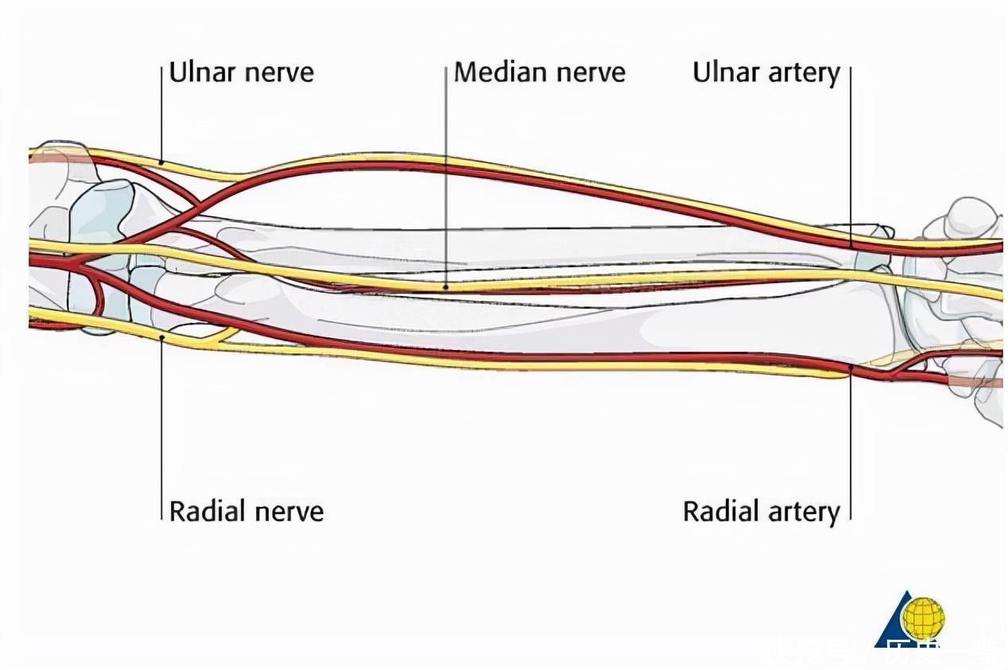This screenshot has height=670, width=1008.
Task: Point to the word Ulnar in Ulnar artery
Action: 725,72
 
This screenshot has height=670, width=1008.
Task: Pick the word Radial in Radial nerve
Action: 206,510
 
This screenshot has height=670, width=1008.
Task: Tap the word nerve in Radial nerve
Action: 287,510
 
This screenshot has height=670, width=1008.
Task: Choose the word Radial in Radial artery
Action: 719,510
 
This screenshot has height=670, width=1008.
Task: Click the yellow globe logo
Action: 923,617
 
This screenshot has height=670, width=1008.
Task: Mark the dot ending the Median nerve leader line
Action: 446,287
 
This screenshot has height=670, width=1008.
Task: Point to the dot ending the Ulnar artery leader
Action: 851,244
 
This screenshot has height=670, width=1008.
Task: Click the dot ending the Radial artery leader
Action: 851,368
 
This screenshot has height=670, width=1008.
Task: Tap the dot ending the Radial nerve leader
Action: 162,337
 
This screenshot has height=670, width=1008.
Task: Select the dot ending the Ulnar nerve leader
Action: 162,162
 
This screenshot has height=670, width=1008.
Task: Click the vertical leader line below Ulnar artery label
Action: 851,159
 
